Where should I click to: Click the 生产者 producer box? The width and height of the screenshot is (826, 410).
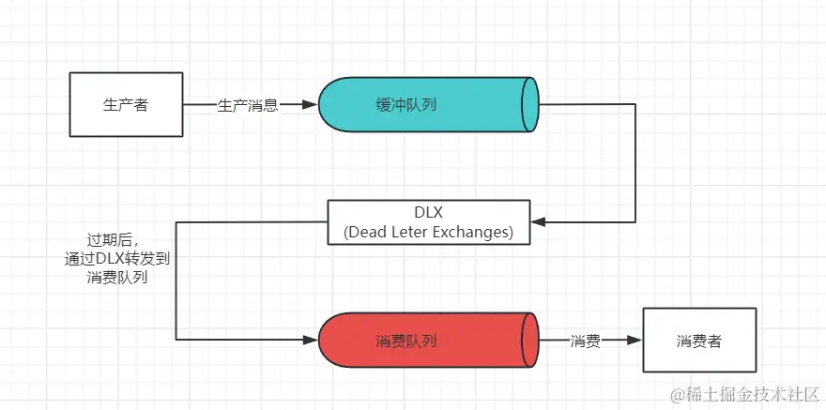[x=125, y=105]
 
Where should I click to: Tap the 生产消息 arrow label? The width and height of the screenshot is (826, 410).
[x=248, y=105]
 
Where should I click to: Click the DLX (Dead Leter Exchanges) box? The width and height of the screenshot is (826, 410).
[x=428, y=222]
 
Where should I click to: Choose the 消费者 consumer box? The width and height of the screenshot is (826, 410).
[x=699, y=342]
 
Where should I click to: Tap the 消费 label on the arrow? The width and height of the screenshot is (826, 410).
[x=586, y=342]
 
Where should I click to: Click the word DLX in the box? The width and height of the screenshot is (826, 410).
[x=428, y=212]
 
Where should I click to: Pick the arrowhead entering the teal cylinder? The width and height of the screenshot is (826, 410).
[x=313, y=105]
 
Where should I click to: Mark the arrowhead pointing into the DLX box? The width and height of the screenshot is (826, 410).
[x=537, y=222]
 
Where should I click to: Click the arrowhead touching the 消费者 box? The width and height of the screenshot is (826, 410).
[x=636, y=342]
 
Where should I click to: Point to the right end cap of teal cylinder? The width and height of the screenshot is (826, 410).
[x=530, y=105]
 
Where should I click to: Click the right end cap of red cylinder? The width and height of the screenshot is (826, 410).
[x=530, y=342]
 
